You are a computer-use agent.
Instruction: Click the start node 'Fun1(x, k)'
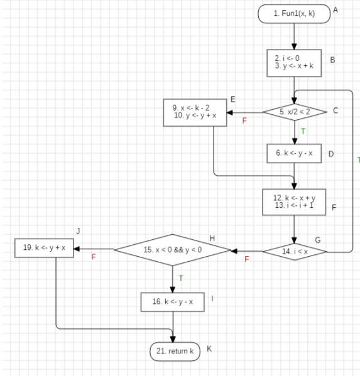pos(294,14)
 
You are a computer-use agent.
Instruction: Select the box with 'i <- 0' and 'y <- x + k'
pos(294,63)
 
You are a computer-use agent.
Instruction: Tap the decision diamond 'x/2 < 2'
pos(294,112)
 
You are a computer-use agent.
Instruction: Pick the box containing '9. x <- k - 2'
pos(195,112)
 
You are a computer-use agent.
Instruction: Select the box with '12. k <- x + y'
pos(294,202)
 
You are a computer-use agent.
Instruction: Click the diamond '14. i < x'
pos(294,252)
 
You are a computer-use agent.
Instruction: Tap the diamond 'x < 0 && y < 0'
pos(172,250)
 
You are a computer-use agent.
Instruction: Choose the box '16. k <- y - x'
pos(172,302)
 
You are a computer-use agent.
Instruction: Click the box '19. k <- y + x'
pos(45,249)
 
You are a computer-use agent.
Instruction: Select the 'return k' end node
pos(175,352)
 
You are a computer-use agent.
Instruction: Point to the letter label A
pos(335,11)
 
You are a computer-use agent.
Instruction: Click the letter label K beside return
pos(209,348)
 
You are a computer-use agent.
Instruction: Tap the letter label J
pos(78,231)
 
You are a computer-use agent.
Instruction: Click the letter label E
pos(232,99)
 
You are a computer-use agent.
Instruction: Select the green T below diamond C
pos(302,132)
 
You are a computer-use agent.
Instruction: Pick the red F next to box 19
pos(94,257)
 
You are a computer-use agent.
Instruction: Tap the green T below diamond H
pos(180,277)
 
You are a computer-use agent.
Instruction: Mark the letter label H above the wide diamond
pos(212,238)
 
